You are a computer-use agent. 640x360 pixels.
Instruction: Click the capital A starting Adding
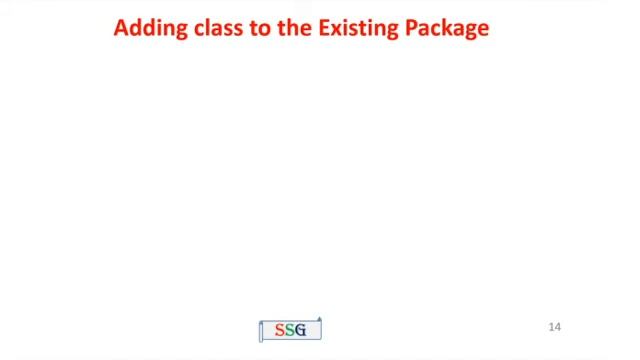click(x=121, y=28)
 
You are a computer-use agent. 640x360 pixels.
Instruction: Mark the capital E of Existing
click(x=322, y=28)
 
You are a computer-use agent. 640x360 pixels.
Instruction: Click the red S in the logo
click(x=280, y=330)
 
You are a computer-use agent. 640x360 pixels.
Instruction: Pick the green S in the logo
click(x=290, y=330)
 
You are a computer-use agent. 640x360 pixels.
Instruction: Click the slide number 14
click(x=555, y=327)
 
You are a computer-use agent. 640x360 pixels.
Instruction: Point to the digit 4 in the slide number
click(x=558, y=327)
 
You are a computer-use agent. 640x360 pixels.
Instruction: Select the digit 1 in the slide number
click(x=552, y=327)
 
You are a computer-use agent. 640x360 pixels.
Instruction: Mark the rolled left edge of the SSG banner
click(x=261, y=331)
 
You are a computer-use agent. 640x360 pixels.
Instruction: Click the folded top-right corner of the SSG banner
click(x=319, y=317)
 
